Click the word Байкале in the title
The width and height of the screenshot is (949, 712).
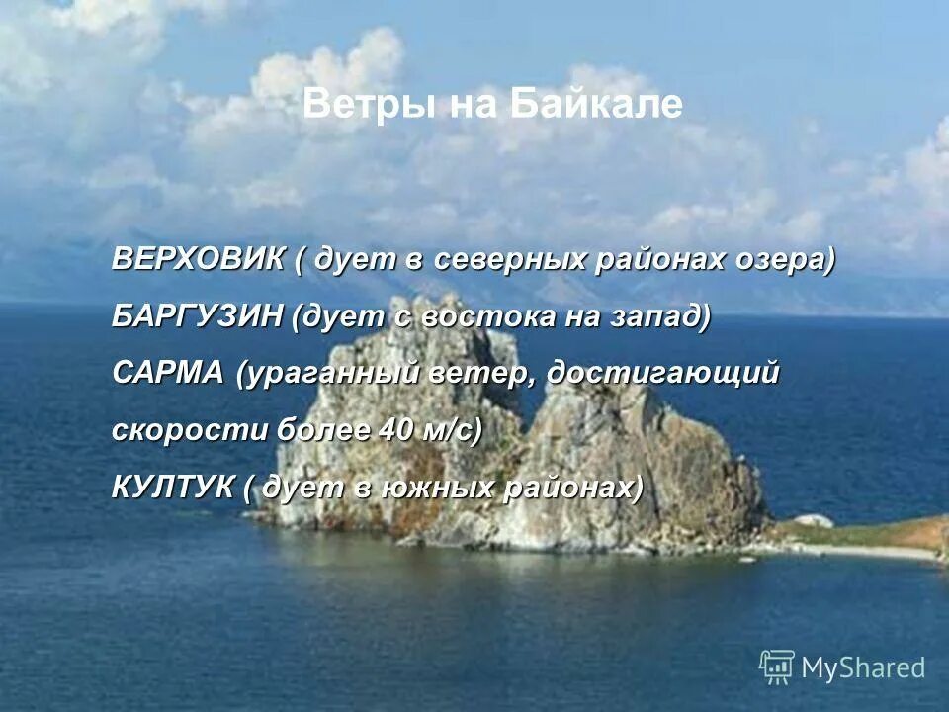point(597,104)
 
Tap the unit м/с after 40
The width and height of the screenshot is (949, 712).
point(447,430)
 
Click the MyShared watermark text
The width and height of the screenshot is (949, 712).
point(863,667)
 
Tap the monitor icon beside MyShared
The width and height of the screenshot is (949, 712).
point(777,666)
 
